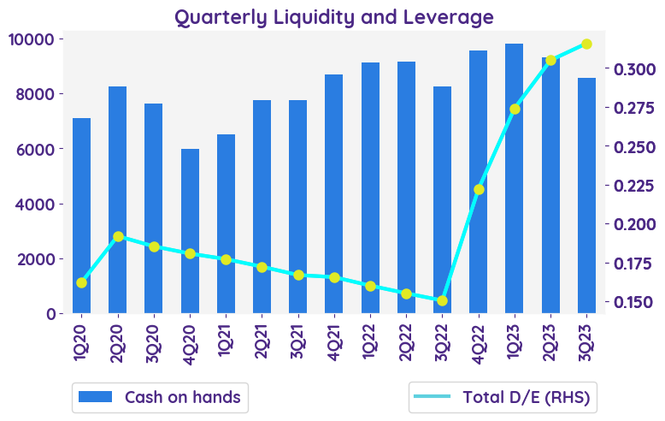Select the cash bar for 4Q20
(x=190, y=231)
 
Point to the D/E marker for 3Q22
(x=442, y=300)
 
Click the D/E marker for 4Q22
(x=479, y=189)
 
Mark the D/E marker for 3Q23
(x=586, y=44)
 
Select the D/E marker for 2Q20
(x=118, y=236)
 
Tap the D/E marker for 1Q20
(x=82, y=282)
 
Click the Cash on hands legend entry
(x=160, y=397)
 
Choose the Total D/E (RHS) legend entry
(x=502, y=397)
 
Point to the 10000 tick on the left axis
(x=32, y=39)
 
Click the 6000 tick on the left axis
(x=36, y=149)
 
